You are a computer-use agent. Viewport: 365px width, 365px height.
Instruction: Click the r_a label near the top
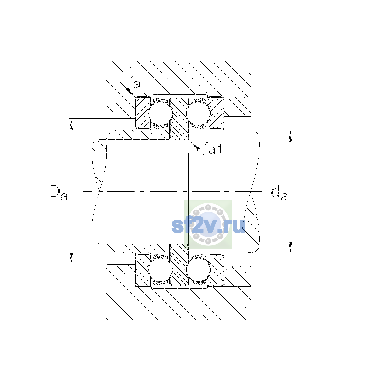click(134, 82)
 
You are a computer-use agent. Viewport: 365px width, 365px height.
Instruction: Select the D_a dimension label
click(58, 193)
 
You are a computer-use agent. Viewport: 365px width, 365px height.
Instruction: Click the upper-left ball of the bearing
click(160, 113)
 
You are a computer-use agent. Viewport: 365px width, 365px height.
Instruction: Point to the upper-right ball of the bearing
click(198, 113)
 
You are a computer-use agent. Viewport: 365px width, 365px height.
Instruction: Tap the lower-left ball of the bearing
click(160, 269)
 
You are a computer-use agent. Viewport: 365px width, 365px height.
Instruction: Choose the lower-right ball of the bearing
click(198, 269)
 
